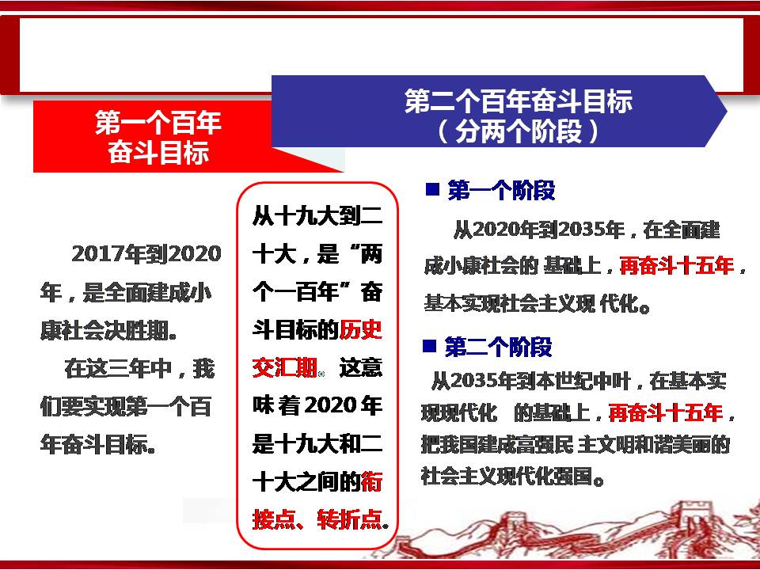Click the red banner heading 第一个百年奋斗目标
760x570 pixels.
click(x=158, y=137)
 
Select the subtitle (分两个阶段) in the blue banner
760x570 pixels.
click(x=518, y=131)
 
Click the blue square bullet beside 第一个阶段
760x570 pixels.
click(x=432, y=188)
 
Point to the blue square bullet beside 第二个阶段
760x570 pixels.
click(x=429, y=346)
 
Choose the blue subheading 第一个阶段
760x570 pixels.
click(x=501, y=190)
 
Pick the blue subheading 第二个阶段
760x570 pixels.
click(x=498, y=347)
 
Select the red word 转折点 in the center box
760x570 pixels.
click(x=350, y=519)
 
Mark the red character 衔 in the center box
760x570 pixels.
click(x=372, y=481)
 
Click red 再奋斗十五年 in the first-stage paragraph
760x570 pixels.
click(x=677, y=266)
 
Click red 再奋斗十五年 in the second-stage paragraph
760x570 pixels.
click(x=665, y=413)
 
